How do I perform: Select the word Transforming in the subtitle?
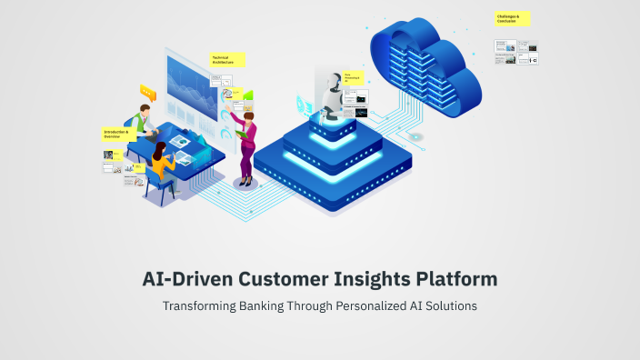click(x=195, y=305)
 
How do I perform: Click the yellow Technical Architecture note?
click(x=227, y=60)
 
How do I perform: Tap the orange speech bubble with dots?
click(x=147, y=92)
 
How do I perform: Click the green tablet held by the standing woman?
click(x=242, y=134)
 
